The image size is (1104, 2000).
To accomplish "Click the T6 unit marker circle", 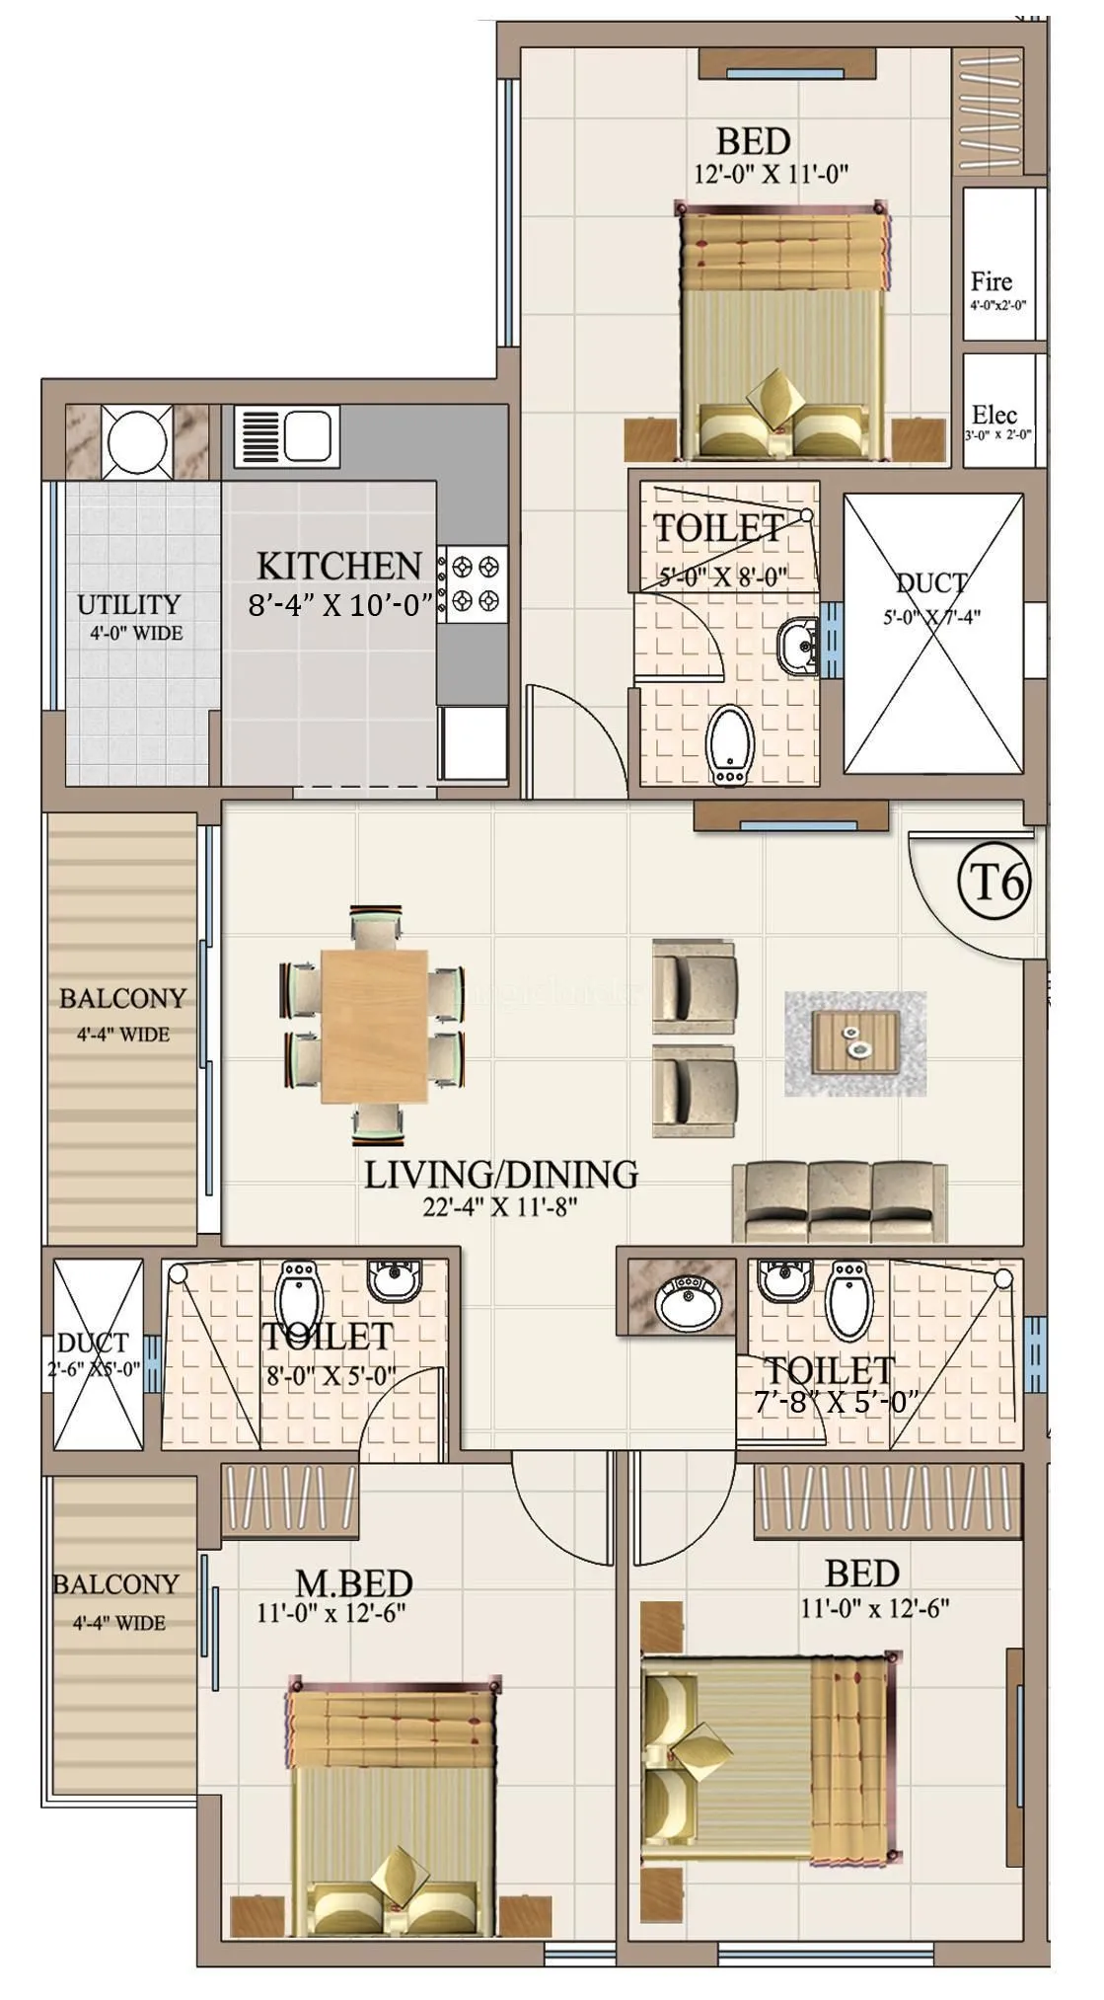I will [x=994, y=882].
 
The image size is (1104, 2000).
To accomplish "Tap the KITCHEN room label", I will [x=338, y=567].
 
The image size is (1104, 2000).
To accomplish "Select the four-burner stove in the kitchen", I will [x=476, y=582].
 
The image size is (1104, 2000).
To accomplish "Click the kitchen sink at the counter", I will [x=287, y=435].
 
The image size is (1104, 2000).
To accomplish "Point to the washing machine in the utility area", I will [x=135, y=440].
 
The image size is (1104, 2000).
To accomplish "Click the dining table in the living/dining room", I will [x=374, y=1026].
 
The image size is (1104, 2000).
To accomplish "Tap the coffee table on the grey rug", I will [x=855, y=1041].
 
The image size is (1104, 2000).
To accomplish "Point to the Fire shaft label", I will [x=991, y=281].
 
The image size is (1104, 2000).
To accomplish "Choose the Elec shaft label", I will [x=994, y=415].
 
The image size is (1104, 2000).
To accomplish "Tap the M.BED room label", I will [x=354, y=1582].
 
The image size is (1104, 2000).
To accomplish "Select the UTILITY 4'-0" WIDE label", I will [x=129, y=616].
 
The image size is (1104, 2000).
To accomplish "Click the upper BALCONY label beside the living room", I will [x=122, y=998].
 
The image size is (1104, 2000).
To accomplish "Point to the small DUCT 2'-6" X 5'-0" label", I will [x=93, y=1353].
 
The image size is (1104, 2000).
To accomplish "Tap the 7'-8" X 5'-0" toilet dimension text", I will [x=836, y=1401].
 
